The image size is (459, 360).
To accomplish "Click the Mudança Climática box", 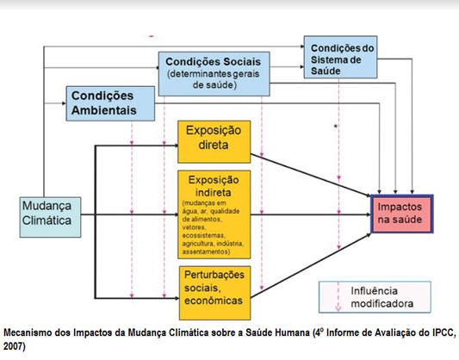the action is click(x=50, y=217).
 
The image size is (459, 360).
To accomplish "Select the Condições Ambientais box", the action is click(x=110, y=103).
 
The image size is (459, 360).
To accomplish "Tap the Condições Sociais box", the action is click(x=214, y=74).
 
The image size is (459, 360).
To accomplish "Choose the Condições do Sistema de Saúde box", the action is click(x=340, y=57).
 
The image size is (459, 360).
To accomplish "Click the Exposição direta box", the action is click(x=214, y=141).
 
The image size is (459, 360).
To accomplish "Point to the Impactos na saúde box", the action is click(x=402, y=214).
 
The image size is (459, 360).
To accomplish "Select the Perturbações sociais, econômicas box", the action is click(x=215, y=293).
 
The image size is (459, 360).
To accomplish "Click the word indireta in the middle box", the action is click(x=214, y=193).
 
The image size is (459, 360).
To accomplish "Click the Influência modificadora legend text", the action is click(x=382, y=297).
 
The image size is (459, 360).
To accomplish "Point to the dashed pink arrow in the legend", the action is click(x=338, y=296).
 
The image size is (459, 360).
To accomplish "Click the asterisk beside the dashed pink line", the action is click(x=336, y=127).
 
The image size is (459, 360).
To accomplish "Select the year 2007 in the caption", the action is click(x=15, y=346).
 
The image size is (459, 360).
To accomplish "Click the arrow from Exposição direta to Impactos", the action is click(x=311, y=175).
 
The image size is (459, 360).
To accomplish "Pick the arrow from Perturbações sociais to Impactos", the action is click(x=311, y=266).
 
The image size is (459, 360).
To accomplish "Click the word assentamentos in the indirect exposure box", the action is click(x=206, y=251).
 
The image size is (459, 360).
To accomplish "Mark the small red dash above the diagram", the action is click(x=152, y=36).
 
